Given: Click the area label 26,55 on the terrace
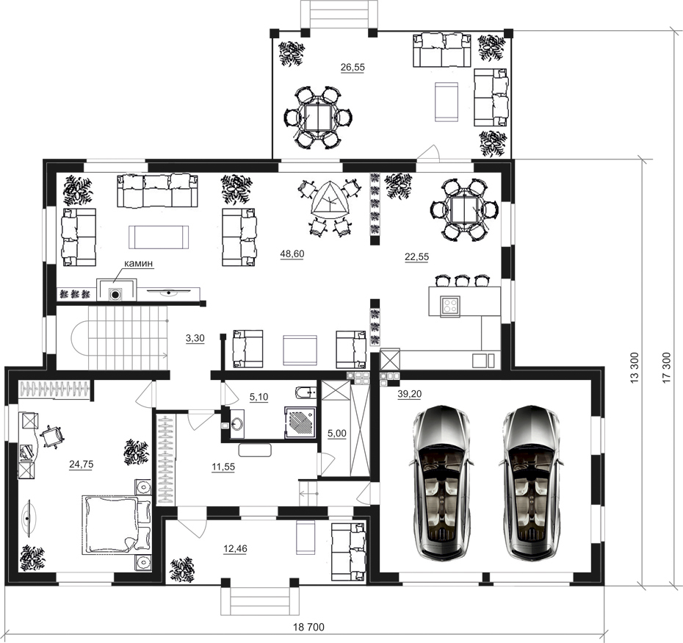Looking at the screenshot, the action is (x=353, y=67).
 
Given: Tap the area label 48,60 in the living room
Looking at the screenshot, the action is (x=292, y=254).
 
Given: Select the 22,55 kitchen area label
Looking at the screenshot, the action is (x=417, y=256).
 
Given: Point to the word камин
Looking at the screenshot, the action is (x=139, y=263).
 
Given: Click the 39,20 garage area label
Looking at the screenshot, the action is (x=410, y=394).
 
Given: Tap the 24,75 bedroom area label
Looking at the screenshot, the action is (x=82, y=464).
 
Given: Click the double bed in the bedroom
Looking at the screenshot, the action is (x=116, y=525).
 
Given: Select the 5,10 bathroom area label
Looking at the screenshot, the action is (x=259, y=397).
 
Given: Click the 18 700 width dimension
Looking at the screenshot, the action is (x=308, y=627).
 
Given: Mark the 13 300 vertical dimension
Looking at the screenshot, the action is (x=635, y=367).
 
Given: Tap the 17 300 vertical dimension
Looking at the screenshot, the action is (x=666, y=367).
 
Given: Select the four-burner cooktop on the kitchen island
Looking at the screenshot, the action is (x=449, y=305).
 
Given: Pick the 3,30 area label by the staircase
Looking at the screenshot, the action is (x=195, y=338).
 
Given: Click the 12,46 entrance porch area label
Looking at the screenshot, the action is (x=235, y=548).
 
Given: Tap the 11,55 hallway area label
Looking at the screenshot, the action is (x=223, y=467).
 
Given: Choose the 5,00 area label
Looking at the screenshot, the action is (x=336, y=434).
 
